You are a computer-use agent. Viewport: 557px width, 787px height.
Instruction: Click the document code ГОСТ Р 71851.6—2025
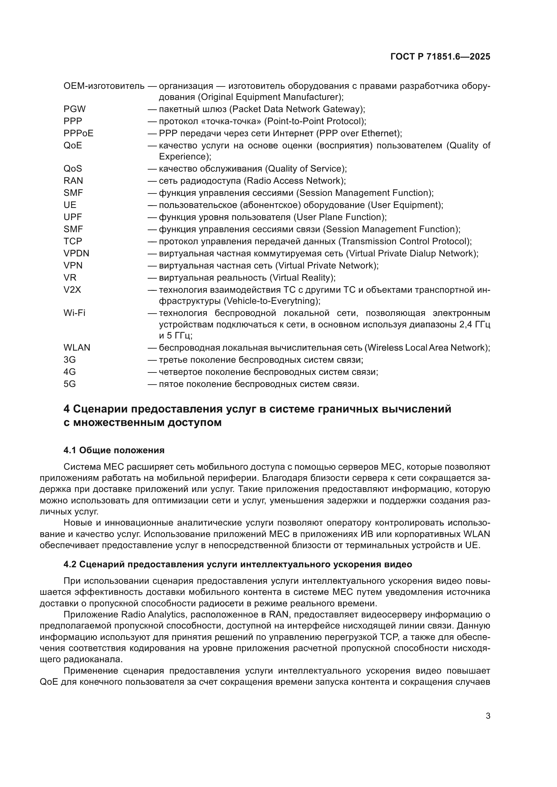coord(440,57)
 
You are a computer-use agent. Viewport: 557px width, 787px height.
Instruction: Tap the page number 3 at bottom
coord(488,716)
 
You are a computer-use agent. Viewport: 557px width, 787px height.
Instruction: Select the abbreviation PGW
coord(74,109)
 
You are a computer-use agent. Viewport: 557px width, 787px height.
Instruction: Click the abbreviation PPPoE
coord(78,133)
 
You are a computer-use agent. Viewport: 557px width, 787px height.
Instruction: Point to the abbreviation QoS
coord(73,169)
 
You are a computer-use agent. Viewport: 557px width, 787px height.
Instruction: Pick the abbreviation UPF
coord(73,217)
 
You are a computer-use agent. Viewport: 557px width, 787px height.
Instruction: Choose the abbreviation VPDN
coord(76,253)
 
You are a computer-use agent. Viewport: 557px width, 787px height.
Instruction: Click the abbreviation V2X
coord(72,290)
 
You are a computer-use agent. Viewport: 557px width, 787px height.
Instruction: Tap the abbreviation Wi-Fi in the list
coord(74,313)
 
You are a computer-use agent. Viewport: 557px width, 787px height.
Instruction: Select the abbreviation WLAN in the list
coord(77,348)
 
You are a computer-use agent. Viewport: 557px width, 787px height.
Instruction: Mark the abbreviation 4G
coord(70,372)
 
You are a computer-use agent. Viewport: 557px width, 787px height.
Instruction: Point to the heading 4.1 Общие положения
coord(114,450)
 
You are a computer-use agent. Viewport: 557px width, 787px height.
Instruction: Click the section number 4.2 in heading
coord(70,564)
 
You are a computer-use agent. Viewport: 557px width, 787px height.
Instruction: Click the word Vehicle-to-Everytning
coord(272,301)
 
